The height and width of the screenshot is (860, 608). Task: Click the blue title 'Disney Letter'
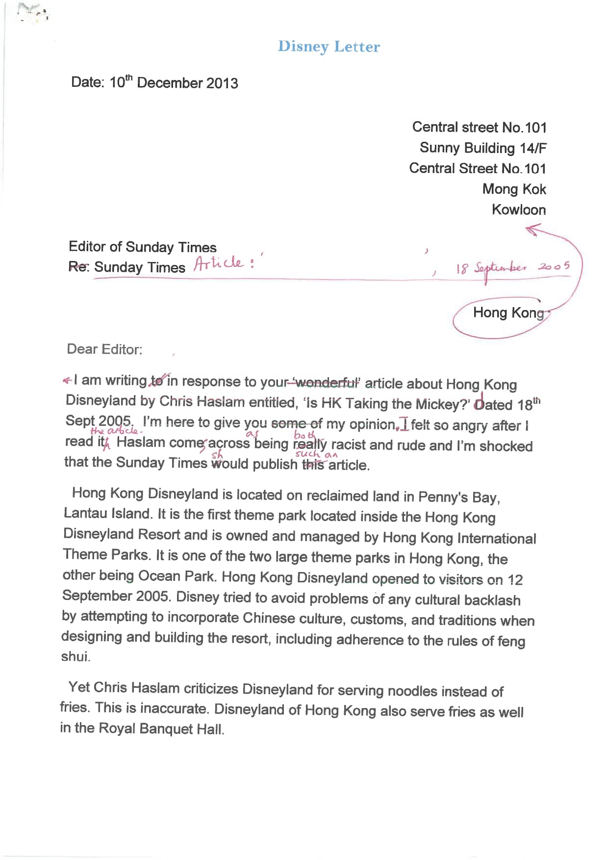[x=329, y=47]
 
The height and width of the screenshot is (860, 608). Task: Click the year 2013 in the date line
[x=222, y=83]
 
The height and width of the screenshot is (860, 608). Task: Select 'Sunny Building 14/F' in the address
[x=482, y=148]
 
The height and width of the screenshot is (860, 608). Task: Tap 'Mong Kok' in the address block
[x=514, y=189]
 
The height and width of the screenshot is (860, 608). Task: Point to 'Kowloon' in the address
[x=519, y=209]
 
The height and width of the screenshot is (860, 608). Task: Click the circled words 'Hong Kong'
[x=508, y=313]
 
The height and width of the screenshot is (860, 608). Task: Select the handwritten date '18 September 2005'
[x=512, y=268]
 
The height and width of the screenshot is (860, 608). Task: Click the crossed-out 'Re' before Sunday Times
[x=78, y=267]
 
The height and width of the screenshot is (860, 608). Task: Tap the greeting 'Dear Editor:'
[x=104, y=349]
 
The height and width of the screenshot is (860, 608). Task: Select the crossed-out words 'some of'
[x=297, y=423]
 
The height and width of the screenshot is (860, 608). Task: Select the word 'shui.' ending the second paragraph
[x=76, y=656]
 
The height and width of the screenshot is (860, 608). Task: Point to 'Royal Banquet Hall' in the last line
[x=161, y=729]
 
